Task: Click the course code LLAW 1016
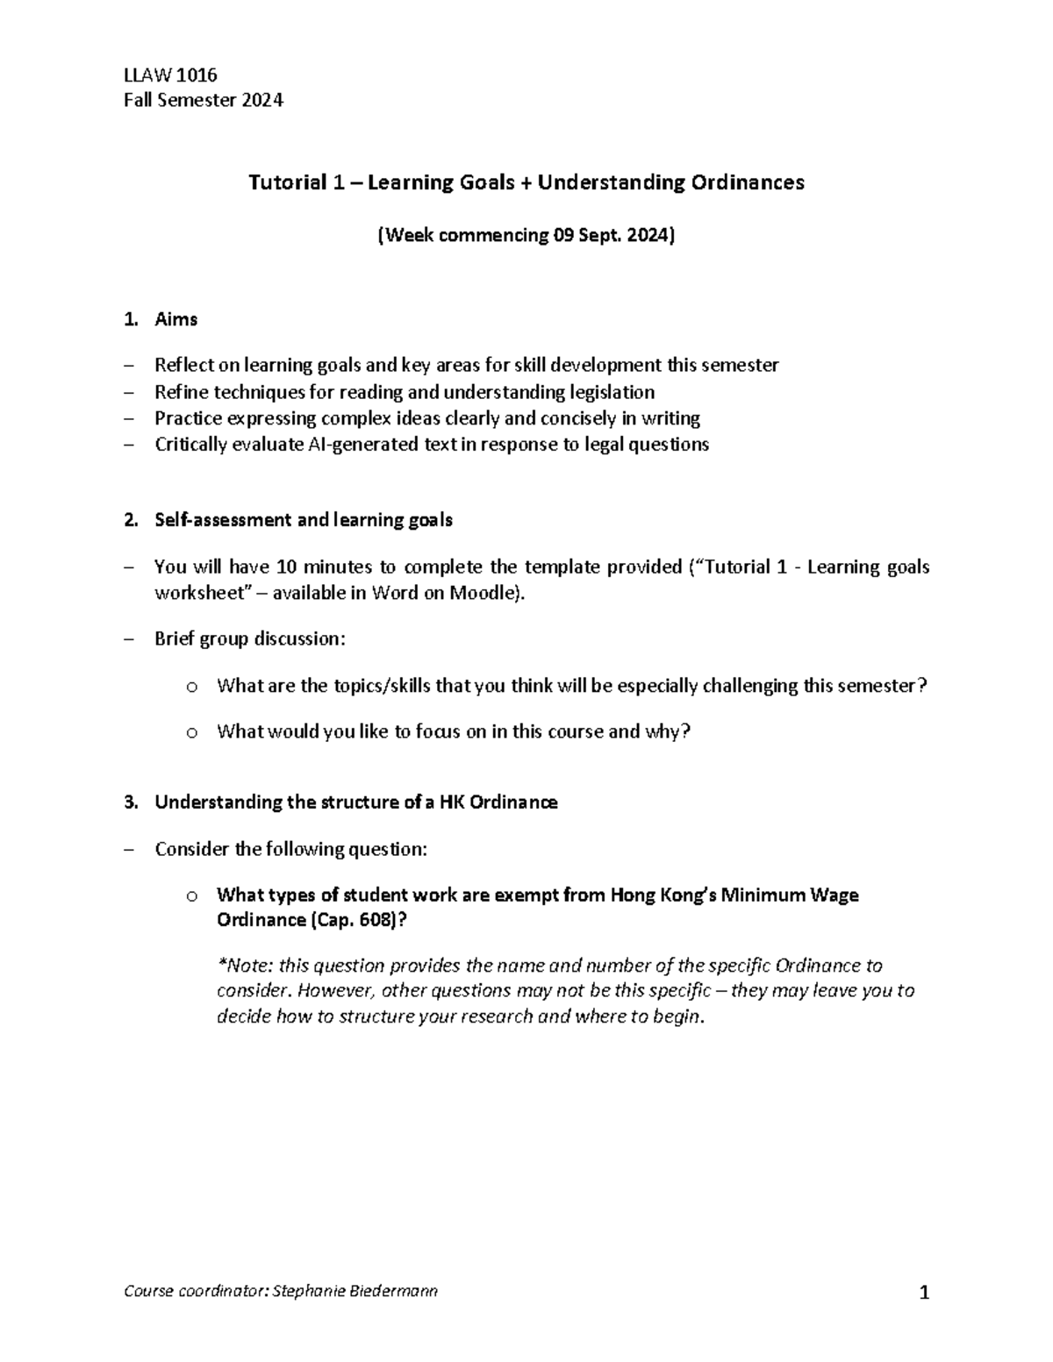[x=170, y=75]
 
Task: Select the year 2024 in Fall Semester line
[x=262, y=100]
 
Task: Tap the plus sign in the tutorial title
[x=526, y=182]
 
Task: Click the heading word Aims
[x=175, y=319]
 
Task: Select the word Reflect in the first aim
[x=183, y=365]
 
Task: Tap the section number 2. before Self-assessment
[x=131, y=520]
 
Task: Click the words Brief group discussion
[x=250, y=638]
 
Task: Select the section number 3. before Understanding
[x=131, y=802]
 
